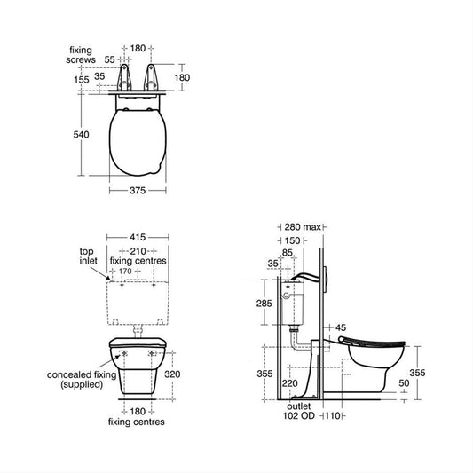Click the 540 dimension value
pyautogui.click(x=81, y=135)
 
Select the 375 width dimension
pyautogui.click(x=138, y=190)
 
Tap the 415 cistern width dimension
pyautogui.click(x=138, y=238)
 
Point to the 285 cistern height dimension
pyautogui.click(x=264, y=304)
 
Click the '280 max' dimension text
pyautogui.click(x=303, y=227)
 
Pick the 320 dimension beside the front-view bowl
pyautogui.click(x=172, y=374)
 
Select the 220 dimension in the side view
pyautogui.click(x=290, y=383)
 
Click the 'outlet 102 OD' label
pyautogui.click(x=299, y=411)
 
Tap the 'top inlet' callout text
pyautogui.click(x=88, y=256)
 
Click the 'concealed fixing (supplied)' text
pyautogui.click(x=82, y=380)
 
